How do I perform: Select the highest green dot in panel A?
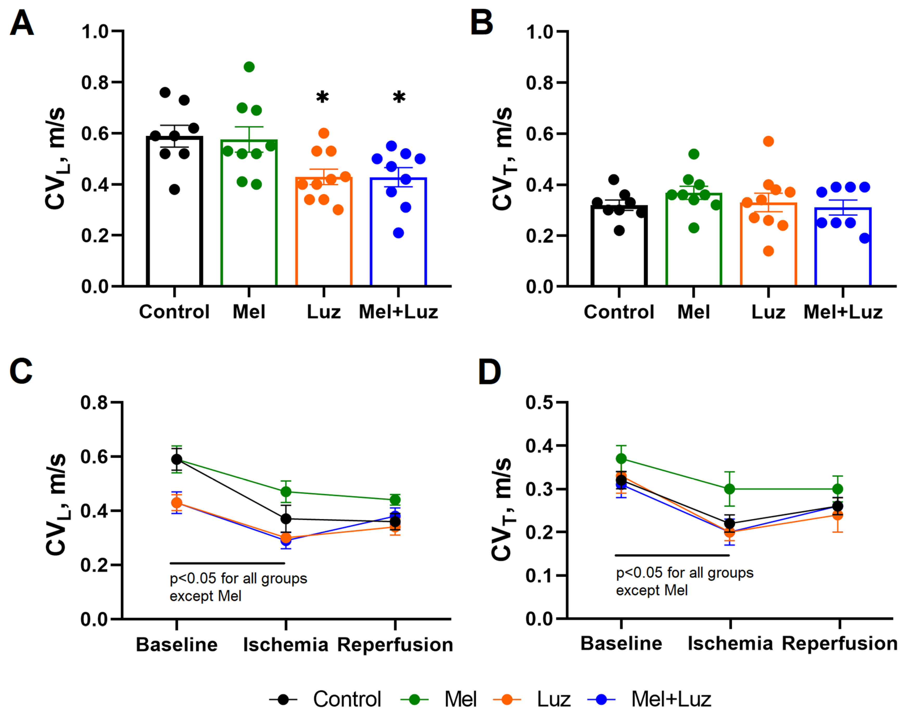[x=249, y=67]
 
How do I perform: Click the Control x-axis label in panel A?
[x=174, y=312]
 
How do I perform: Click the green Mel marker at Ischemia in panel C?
[x=286, y=491]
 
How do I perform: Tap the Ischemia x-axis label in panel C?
[x=286, y=645]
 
